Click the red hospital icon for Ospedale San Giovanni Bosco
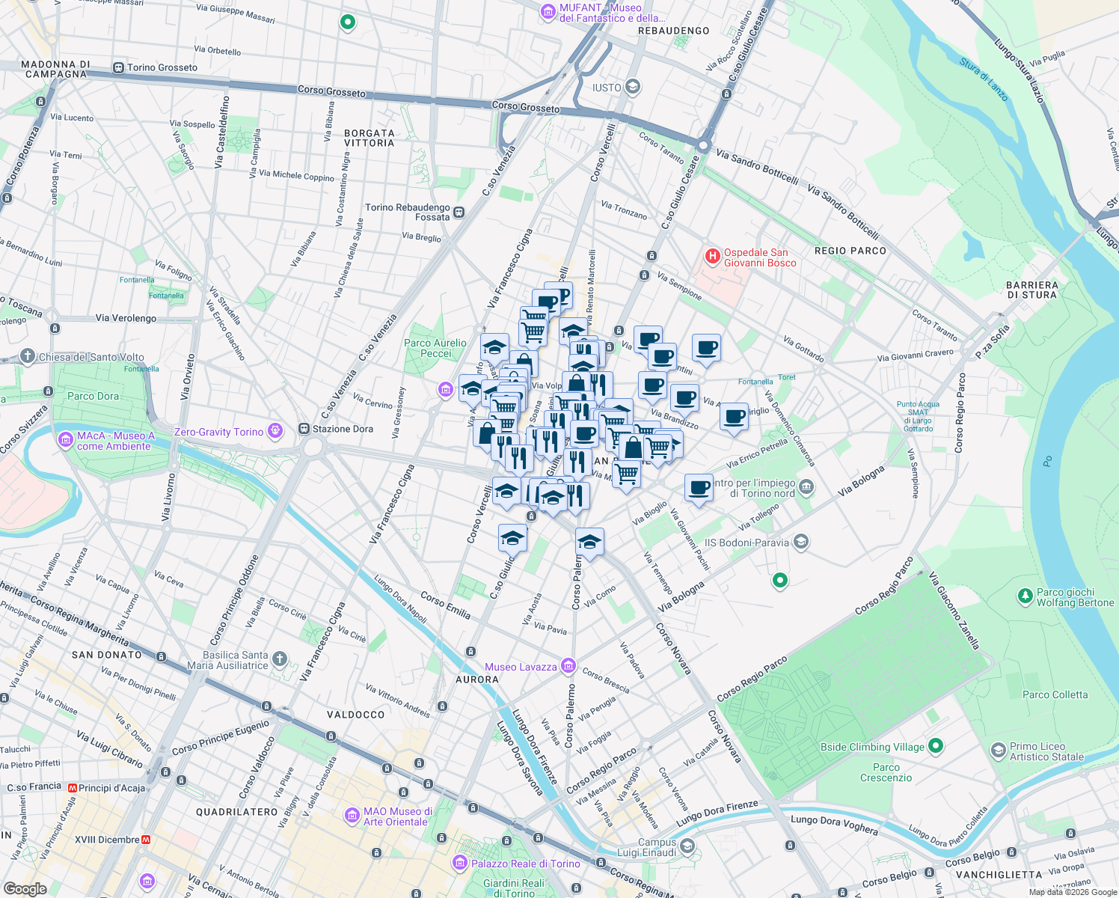pyautogui.click(x=712, y=257)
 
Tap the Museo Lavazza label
pyautogui.click(x=521, y=667)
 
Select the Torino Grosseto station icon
pyautogui.click(x=118, y=67)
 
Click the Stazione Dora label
pyautogui.click(x=343, y=429)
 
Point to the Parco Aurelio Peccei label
pyautogui.click(x=435, y=348)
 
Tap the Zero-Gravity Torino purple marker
pyautogui.click(x=276, y=431)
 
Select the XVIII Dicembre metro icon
pyautogui.click(x=147, y=840)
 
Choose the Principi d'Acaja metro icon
pyautogui.click(x=73, y=788)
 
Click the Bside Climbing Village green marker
pyautogui.click(x=936, y=746)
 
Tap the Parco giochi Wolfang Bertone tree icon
pyautogui.click(x=1026, y=596)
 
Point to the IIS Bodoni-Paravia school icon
pyautogui.click(x=801, y=542)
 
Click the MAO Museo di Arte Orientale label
pyautogui.click(x=397, y=816)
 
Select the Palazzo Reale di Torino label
pyautogui.click(x=525, y=864)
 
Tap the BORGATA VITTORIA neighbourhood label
pyautogui.click(x=369, y=138)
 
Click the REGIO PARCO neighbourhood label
pyautogui.click(x=850, y=251)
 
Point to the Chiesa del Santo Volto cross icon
pyautogui.click(x=28, y=356)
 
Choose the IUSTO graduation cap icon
pyautogui.click(x=633, y=88)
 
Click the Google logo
pyautogui.click(x=25, y=889)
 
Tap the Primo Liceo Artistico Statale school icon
pyautogui.click(x=998, y=751)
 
